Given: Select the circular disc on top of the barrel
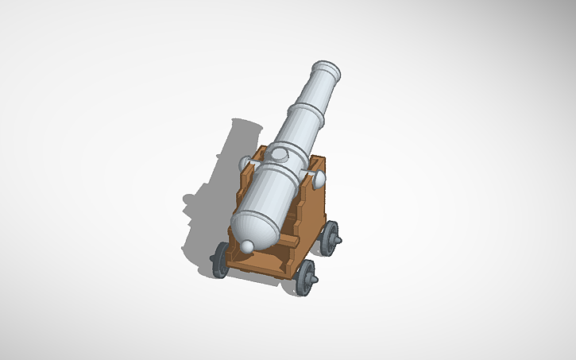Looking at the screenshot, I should pyautogui.click(x=280, y=153).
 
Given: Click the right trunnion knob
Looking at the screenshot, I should pyautogui.click(x=318, y=180).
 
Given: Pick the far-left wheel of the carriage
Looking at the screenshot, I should pyautogui.click(x=220, y=259).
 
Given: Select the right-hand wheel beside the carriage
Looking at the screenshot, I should pyautogui.click(x=329, y=238).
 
